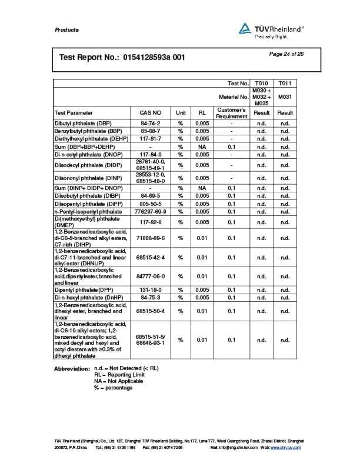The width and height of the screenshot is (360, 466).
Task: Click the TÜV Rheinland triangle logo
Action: tap(245, 28)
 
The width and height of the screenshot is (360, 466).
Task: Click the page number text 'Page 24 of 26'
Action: tap(286, 54)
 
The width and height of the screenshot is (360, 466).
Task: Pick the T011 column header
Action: tap(285, 84)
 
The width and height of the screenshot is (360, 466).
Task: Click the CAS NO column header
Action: tap(150, 112)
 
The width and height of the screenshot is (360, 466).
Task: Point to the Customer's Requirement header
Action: tap(231, 112)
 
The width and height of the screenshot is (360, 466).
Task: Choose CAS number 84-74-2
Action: tap(150, 123)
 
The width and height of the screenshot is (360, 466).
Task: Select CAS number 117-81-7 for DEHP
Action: tap(150, 138)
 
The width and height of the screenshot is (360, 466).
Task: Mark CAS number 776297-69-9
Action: tap(150, 211)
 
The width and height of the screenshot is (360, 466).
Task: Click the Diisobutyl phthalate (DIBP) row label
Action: tap(84, 195)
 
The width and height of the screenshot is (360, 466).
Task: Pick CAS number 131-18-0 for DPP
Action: tap(150, 290)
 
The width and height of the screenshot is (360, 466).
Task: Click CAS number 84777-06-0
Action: tap(150, 276)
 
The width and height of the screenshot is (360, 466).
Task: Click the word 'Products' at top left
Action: tap(66, 30)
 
